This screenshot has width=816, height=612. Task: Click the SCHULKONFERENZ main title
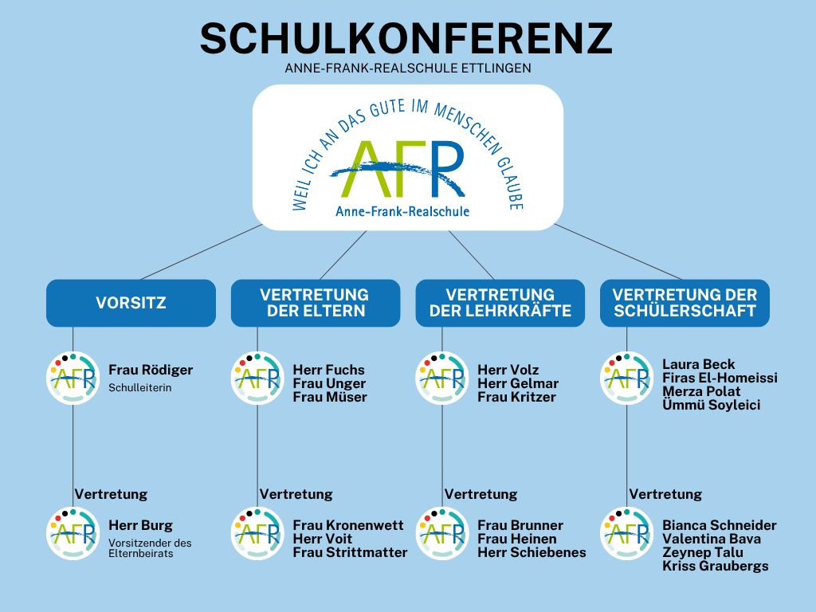pyautogui.click(x=406, y=38)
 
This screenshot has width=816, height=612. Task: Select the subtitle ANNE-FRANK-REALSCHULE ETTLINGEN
pyautogui.click(x=408, y=69)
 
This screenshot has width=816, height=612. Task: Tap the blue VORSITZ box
pyautogui.click(x=131, y=303)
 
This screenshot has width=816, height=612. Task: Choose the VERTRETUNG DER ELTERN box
pyautogui.click(x=316, y=303)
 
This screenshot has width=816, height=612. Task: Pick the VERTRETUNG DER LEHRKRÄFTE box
pyautogui.click(x=500, y=303)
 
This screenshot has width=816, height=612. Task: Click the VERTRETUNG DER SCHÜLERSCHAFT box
pyautogui.click(x=685, y=303)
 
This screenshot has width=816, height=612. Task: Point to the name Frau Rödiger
pyautogui.click(x=151, y=370)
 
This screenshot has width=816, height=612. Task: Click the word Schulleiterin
pyautogui.click(x=140, y=388)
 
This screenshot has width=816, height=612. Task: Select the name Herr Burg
pyautogui.click(x=140, y=526)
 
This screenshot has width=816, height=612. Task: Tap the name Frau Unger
pyautogui.click(x=329, y=383)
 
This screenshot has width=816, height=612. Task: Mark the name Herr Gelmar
pyautogui.click(x=518, y=383)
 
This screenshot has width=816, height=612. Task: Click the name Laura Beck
pyautogui.click(x=698, y=364)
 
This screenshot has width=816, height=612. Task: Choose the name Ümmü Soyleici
pyautogui.click(x=712, y=405)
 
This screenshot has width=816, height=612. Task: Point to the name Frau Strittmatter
pyautogui.click(x=351, y=553)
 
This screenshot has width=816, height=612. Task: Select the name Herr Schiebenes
pyautogui.click(x=532, y=553)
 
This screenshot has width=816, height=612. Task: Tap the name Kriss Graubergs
pyautogui.click(x=716, y=567)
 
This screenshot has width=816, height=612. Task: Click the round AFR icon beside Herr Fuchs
pyautogui.click(x=257, y=379)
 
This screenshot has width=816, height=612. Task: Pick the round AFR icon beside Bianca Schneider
pyautogui.click(x=626, y=533)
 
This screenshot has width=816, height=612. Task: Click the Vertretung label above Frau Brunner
pyautogui.click(x=481, y=494)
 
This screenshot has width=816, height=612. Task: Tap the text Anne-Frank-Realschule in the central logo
pyautogui.click(x=402, y=211)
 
